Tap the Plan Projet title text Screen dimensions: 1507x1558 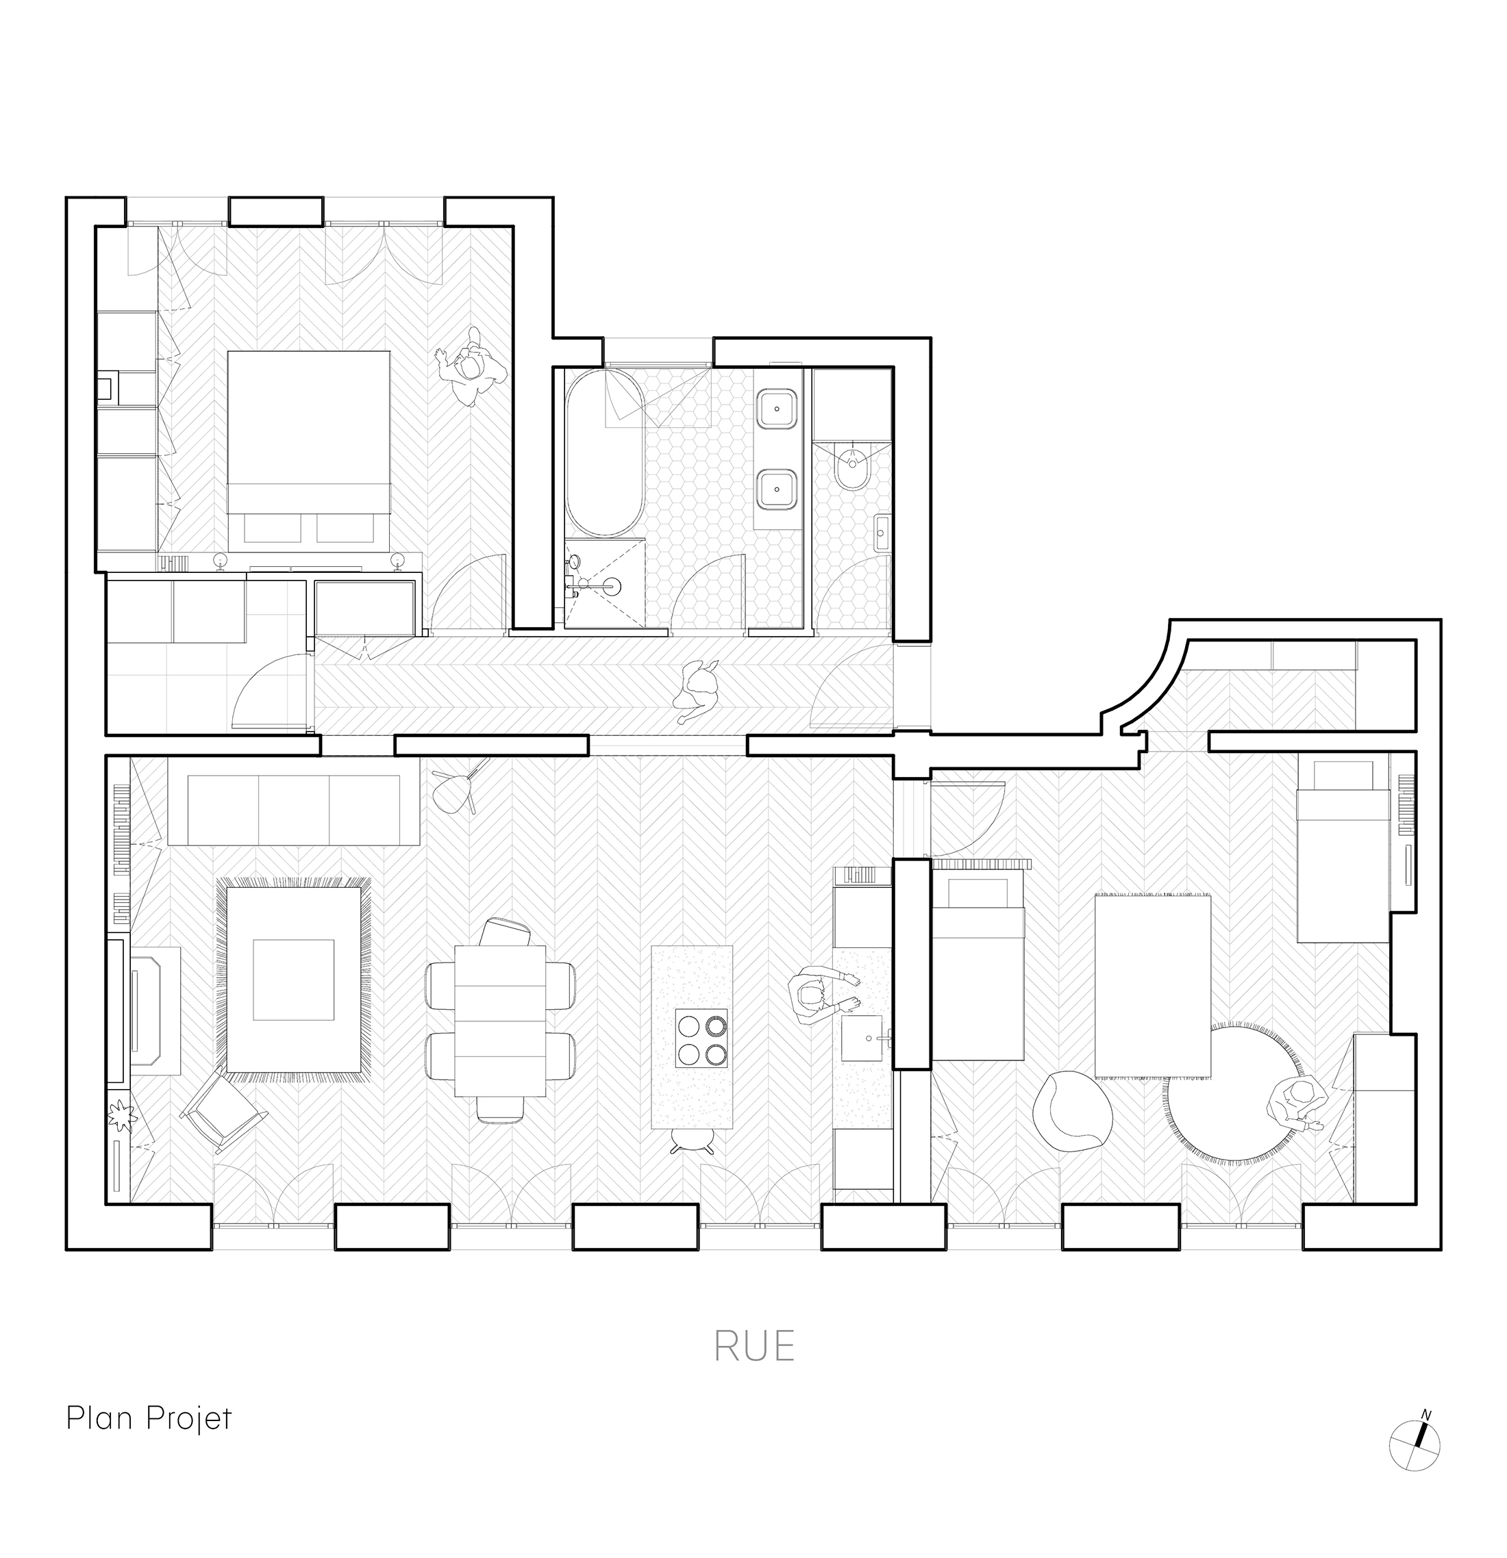coord(149,1417)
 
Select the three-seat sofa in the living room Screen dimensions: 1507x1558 coord(293,810)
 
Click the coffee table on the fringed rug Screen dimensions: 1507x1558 coord(293,980)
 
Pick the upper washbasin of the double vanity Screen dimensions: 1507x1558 coord(777,409)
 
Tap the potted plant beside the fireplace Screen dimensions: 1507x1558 coord(123,1117)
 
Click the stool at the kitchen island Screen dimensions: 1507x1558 coord(691,1142)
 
